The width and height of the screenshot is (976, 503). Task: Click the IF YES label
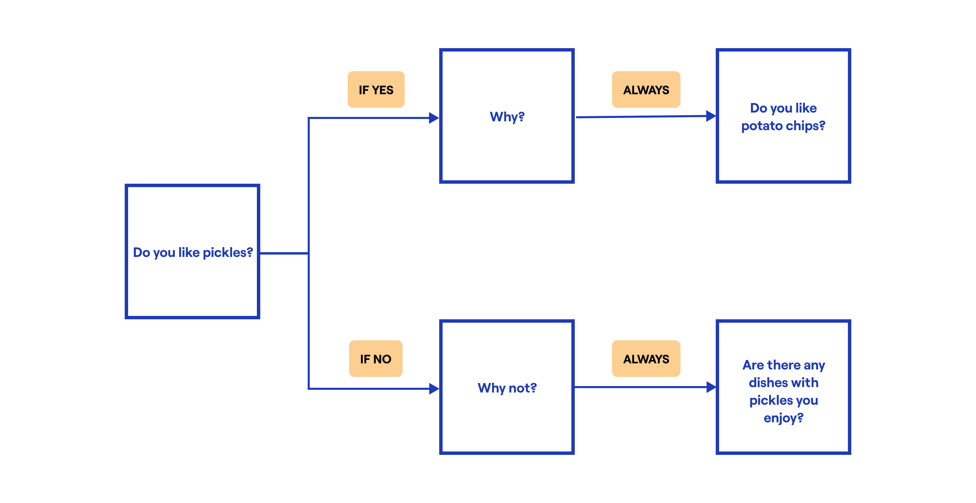(x=376, y=90)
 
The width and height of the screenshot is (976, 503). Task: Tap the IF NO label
(x=375, y=359)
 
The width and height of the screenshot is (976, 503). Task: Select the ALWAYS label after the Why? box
(x=646, y=90)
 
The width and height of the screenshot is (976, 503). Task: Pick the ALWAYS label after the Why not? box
(x=646, y=359)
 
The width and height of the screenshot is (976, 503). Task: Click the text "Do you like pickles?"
(x=192, y=253)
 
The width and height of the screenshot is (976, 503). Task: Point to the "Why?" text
(x=507, y=117)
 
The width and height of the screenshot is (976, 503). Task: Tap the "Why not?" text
(x=507, y=388)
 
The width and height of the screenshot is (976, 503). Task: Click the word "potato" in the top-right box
(x=761, y=126)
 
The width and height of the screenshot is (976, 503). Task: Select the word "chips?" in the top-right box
(x=806, y=126)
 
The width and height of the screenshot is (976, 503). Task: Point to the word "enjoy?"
(x=783, y=418)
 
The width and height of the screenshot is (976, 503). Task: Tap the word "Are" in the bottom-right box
(x=753, y=365)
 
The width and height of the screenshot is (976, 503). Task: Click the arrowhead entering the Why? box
(x=433, y=118)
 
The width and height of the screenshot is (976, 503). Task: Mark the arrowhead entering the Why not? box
(x=433, y=388)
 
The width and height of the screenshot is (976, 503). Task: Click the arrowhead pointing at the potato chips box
(x=711, y=116)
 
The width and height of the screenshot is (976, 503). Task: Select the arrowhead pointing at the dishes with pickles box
(x=711, y=387)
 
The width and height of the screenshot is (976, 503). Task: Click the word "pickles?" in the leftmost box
(x=228, y=253)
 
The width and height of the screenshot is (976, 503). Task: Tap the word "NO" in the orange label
(x=382, y=359)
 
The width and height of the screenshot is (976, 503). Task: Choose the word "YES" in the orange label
(x=383, y=90)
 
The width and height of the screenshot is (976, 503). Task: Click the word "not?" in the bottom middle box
(x=523, y=388)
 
